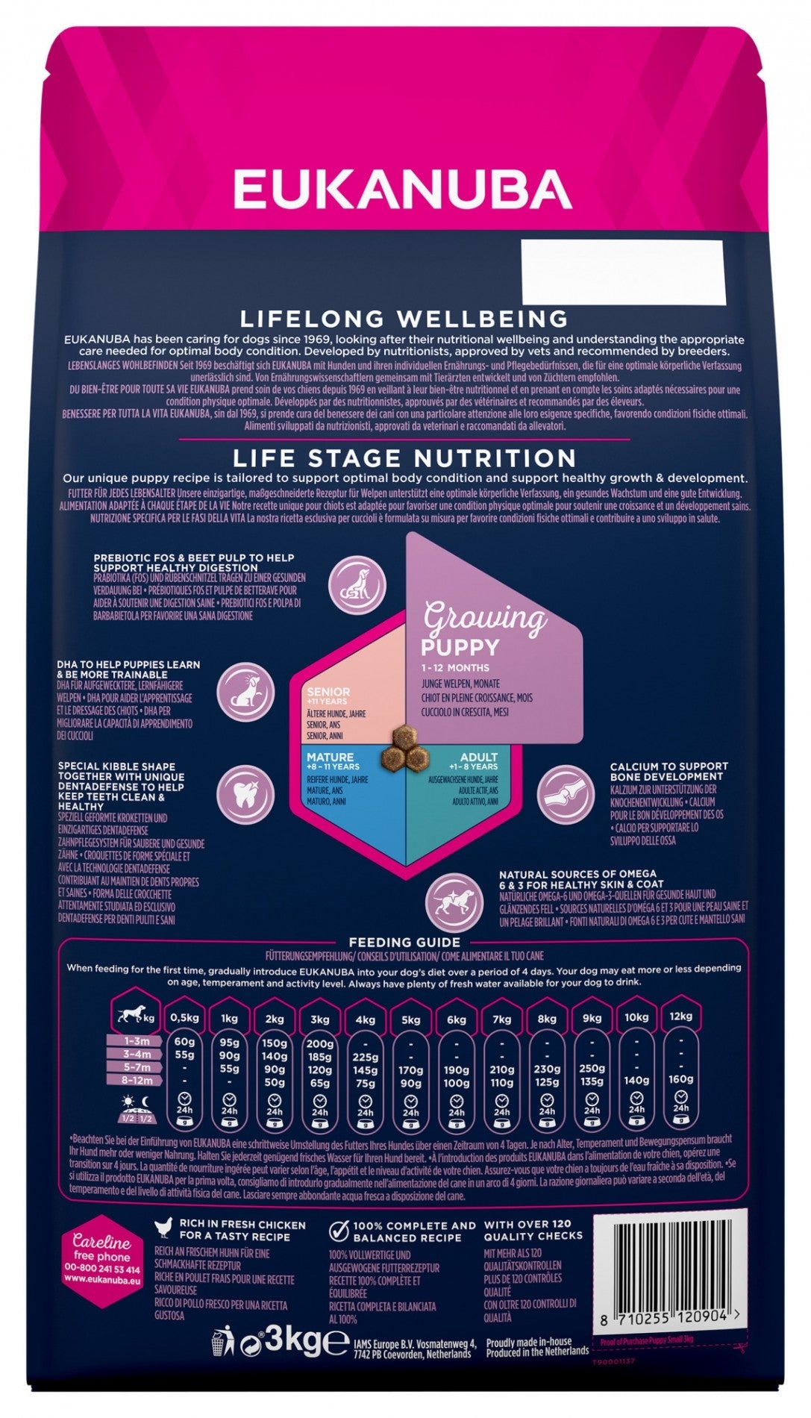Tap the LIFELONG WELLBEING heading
point(404,319)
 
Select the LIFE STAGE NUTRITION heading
point(404,457)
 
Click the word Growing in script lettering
point(485,618)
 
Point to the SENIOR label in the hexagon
point(328,692)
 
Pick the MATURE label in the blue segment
point(330,758)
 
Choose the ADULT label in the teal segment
point(478,758)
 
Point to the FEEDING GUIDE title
point(404,943)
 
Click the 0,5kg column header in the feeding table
point(184,1018)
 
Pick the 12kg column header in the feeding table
point(681,1016)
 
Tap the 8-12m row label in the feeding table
point(137,1080)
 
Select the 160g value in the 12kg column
point(681,1078)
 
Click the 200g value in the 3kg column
point(320,1043)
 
